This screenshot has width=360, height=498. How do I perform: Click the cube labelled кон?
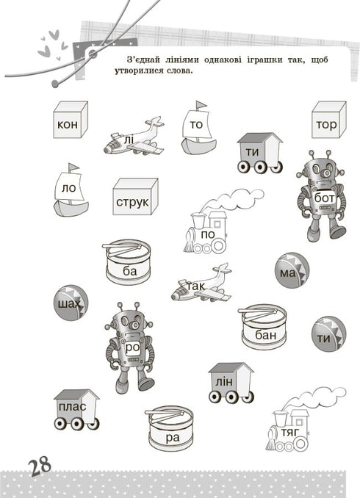click(70, 120)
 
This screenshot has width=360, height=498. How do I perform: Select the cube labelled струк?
click(135, 197)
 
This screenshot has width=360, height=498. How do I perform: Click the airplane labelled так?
click(200, 284)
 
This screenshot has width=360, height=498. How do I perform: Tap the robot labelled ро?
click(132, 345)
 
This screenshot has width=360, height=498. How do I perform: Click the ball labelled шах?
click(71, 303)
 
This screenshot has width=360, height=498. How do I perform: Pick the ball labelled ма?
click(289, 271)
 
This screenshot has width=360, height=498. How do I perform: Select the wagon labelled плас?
click(76, 409)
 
